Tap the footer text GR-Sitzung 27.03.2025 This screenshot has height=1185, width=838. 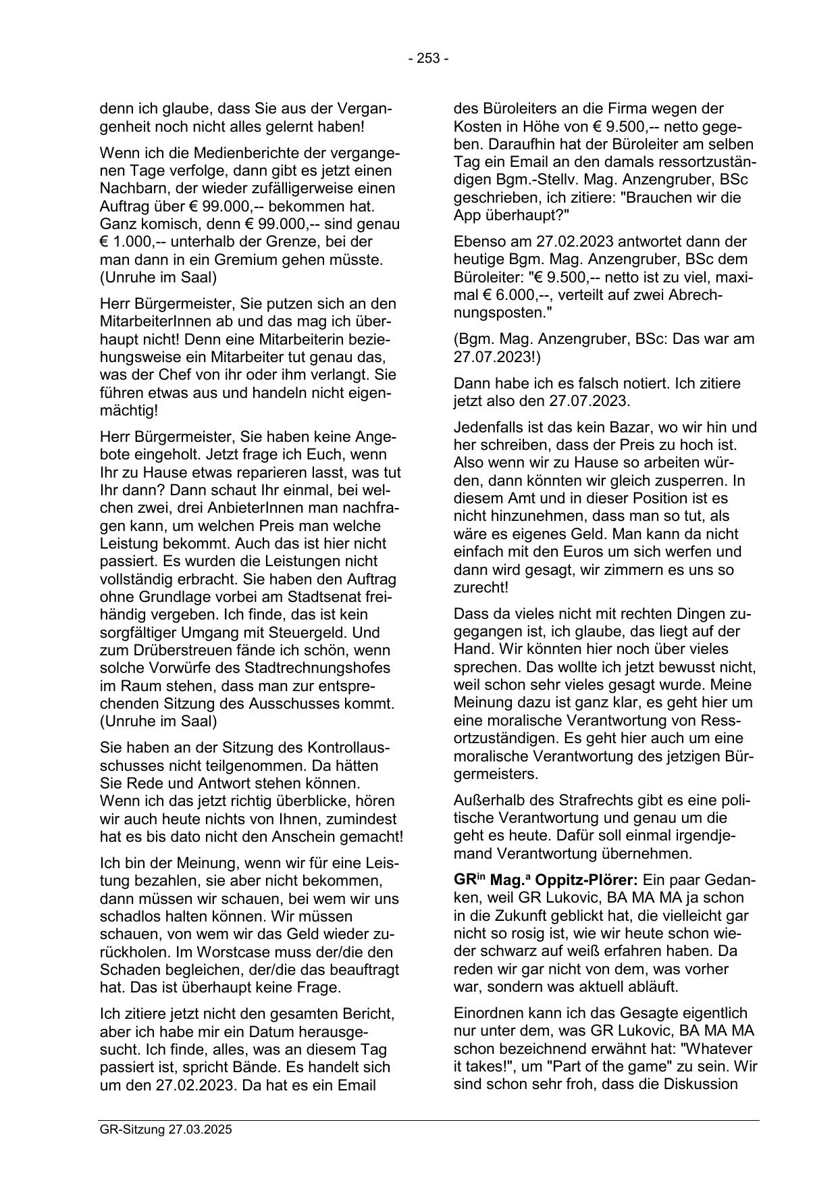(x=165, y=1130)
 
